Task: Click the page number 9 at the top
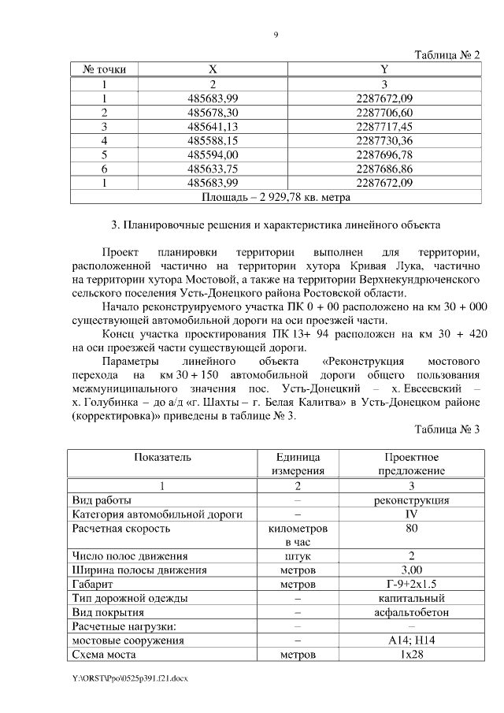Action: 276,35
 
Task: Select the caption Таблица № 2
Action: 447,54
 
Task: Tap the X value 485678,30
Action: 213,112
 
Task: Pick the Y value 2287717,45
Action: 384,126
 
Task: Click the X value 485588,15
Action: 213,140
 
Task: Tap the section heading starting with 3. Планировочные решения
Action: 276,225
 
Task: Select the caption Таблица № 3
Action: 447,430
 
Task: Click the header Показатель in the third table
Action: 162,457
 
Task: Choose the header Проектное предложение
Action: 411,464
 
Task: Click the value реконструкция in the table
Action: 411,500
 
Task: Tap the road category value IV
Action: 411,514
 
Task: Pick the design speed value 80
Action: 411,529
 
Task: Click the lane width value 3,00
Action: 411,570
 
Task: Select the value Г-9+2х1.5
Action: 411,585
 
